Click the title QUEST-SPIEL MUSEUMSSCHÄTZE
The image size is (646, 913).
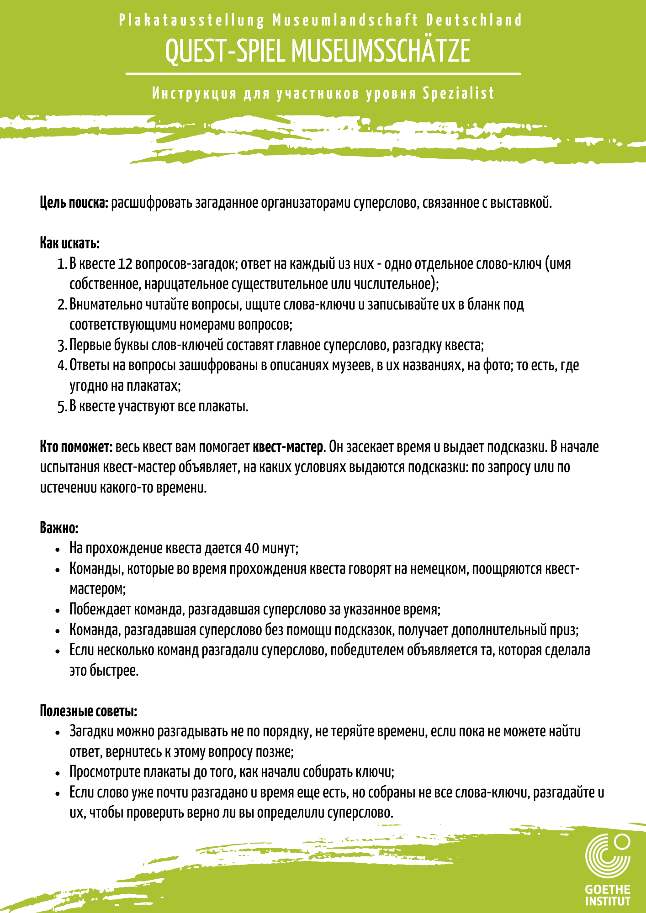pos(318,51)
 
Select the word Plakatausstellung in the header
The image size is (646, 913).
pos(191,21)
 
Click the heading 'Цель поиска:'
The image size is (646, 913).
pos(74,203)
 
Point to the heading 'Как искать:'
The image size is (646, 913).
pos(69,243)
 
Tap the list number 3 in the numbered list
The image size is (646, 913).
pos(62,346)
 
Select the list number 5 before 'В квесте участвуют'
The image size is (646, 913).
pos(62,406)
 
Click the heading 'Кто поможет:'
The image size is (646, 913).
pos(76,446)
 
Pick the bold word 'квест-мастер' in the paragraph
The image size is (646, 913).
pos(288,446)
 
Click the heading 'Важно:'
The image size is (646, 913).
pos(59,528)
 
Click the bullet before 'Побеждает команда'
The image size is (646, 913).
pos(58,610)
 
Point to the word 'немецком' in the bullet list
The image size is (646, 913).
pos(441,569)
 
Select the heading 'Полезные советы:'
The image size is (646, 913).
pos(88,711)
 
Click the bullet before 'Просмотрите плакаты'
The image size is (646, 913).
pos(58,773)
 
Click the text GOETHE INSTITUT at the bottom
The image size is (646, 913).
pos(608,895)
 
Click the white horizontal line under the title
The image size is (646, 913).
pos(323,73)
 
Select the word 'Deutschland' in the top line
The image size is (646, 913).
pos(474,21)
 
